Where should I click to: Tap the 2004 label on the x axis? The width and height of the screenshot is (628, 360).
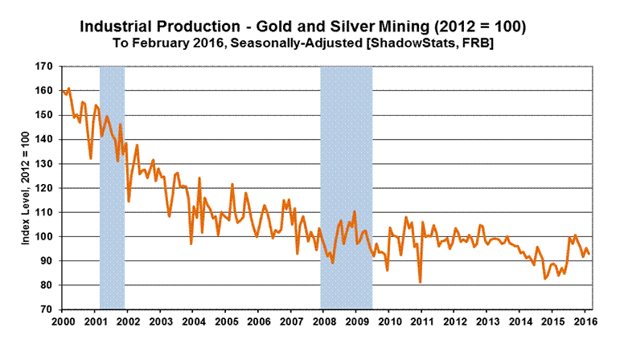pos(194,323)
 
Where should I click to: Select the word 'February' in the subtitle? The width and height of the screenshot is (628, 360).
pos(214,44)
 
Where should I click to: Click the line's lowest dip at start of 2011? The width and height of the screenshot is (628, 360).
pos(421,281)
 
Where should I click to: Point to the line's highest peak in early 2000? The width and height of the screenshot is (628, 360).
pos(69,88)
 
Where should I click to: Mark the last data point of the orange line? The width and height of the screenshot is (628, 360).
pos(589,254)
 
